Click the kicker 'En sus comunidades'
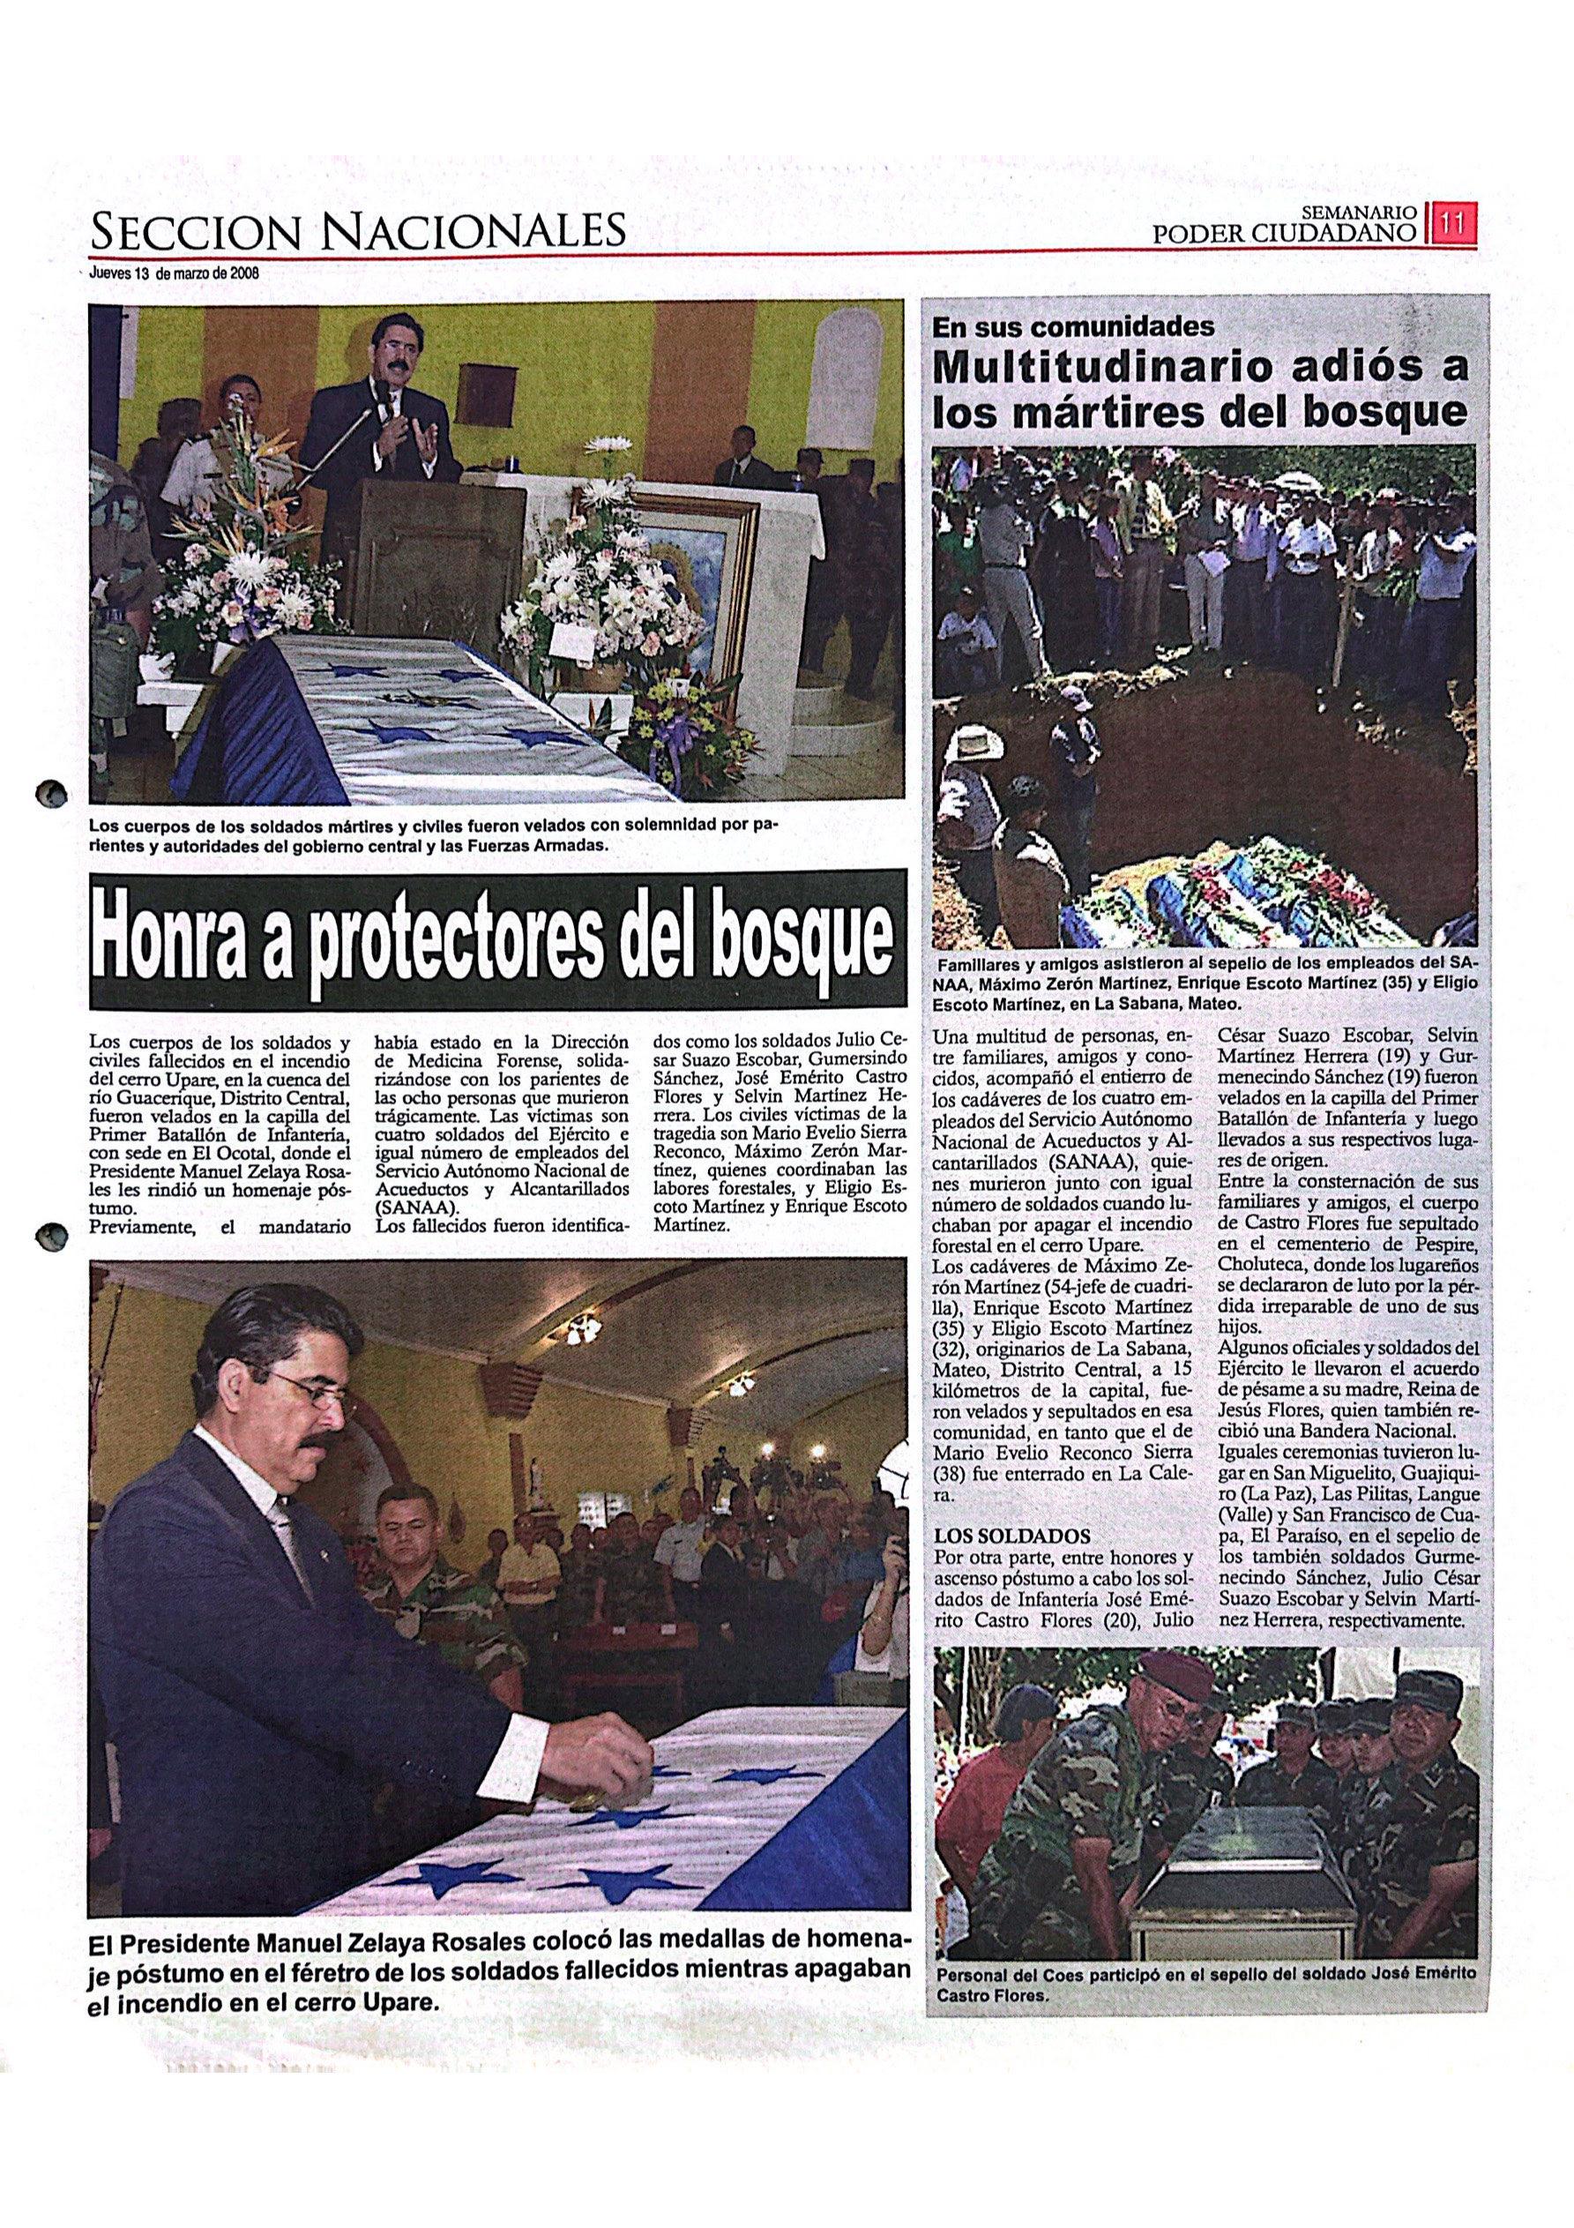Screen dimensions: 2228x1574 pos(1072,327)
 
